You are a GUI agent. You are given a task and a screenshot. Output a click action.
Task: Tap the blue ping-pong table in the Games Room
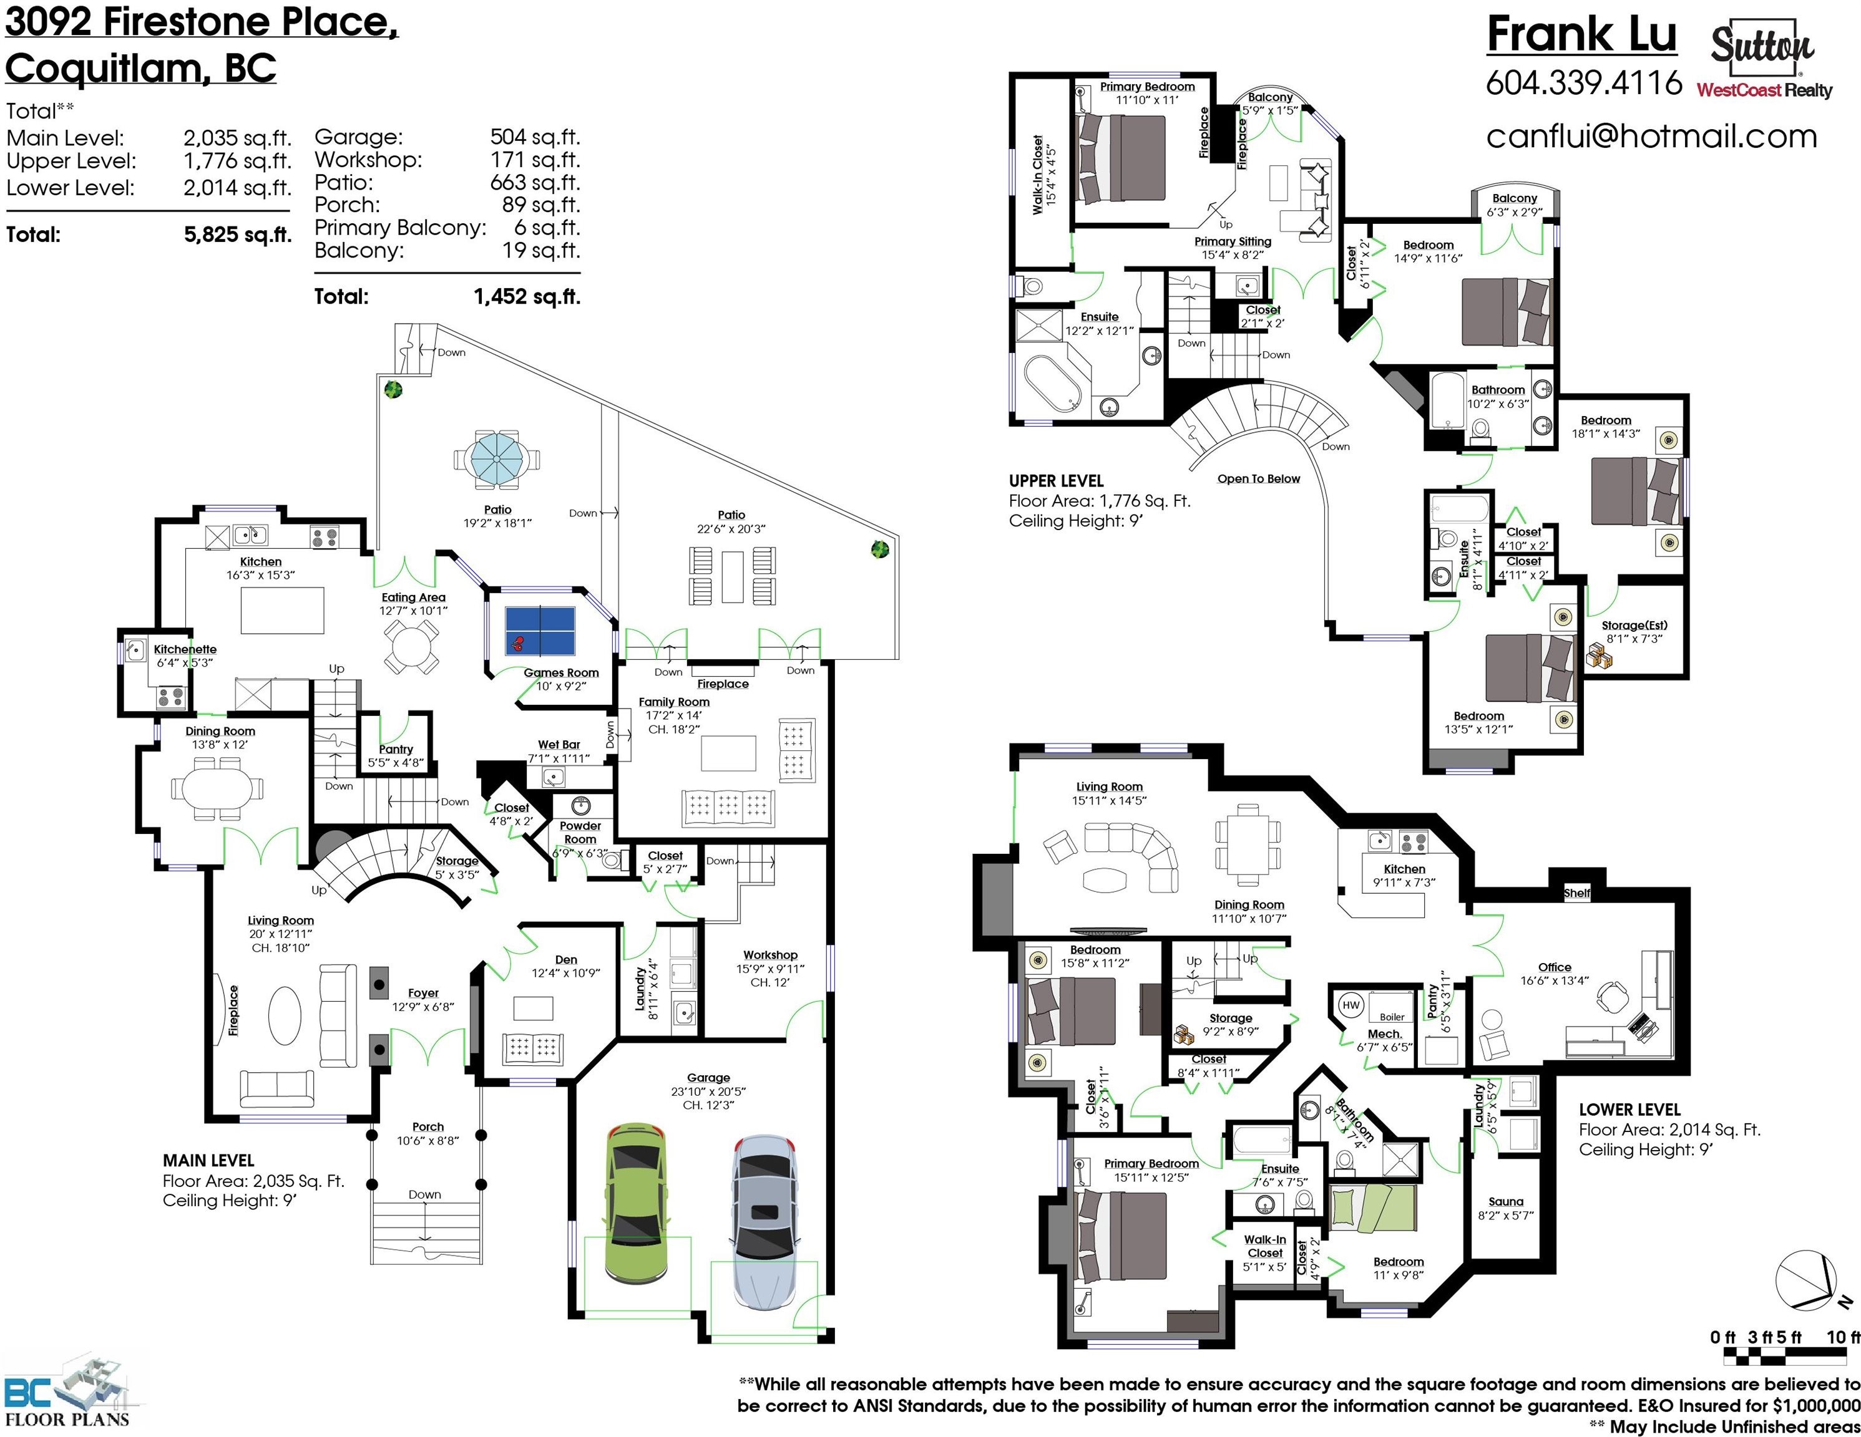point(540,631)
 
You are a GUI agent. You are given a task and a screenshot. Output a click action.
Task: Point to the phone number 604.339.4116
point(1584,82)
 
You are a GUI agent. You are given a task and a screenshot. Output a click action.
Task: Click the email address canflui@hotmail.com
point(1651,137)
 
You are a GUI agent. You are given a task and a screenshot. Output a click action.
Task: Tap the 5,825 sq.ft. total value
point(238,235)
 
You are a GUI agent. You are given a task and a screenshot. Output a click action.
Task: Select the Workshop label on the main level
point(770,955)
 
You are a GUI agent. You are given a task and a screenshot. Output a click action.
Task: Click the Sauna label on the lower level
point(1506,1201)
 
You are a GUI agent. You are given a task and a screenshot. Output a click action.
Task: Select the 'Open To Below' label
point(1259,479)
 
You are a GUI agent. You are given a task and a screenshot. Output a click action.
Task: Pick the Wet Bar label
point(559,745)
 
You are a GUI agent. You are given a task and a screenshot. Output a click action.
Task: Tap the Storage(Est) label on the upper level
point(1634,625)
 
